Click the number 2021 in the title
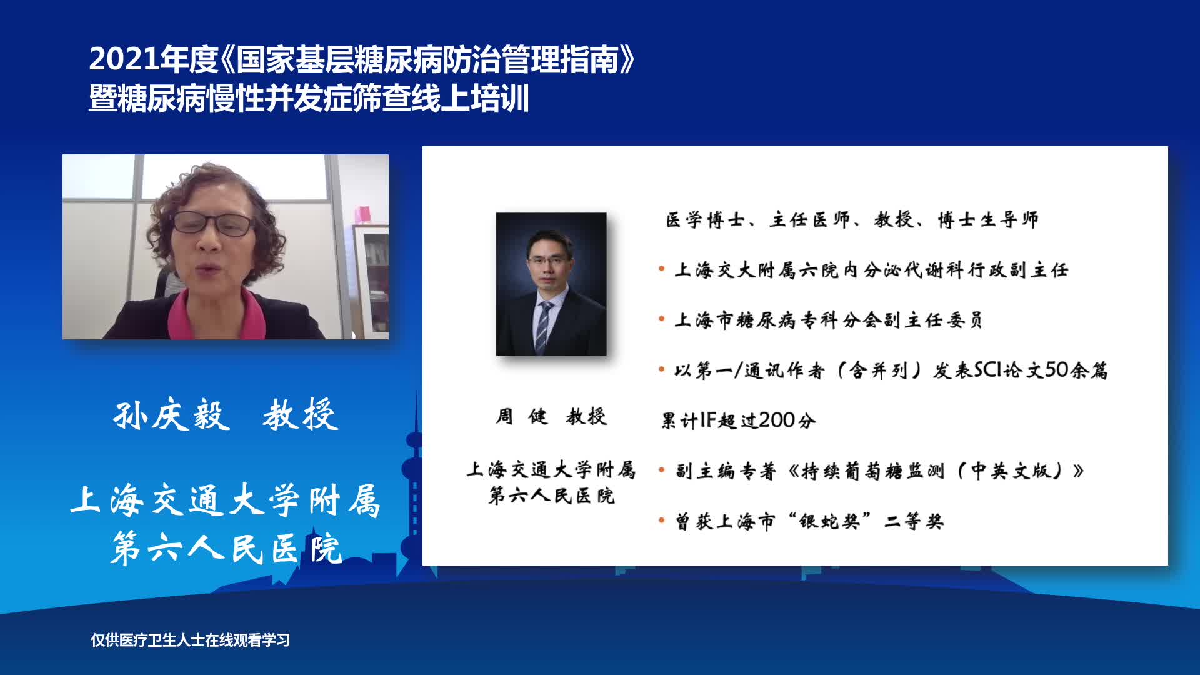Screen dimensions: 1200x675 click(x=124, y=59)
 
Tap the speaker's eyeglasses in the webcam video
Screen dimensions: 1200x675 click(x=212, y=223)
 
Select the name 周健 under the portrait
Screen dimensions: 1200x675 click(x=522, y=416)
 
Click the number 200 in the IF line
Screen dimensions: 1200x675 click(x=777, y=420)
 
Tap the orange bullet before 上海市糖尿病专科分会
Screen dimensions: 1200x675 click(x=661, y=319)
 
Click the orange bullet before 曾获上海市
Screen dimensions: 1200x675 click(x=661, y=520)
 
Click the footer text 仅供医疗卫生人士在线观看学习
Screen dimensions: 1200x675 click(x=191, y=640)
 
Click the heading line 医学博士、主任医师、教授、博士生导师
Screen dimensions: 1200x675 click(x=852, y=219)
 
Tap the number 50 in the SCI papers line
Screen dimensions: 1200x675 click(x=1057, y=370)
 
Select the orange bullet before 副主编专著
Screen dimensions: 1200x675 click(x=661, y=470)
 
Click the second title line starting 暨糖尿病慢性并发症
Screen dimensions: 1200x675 click(x=309, y=99)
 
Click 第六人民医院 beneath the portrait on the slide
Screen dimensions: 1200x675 click(x=552, y=496)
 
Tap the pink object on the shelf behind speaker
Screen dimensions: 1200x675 click(x=363, y=214)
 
